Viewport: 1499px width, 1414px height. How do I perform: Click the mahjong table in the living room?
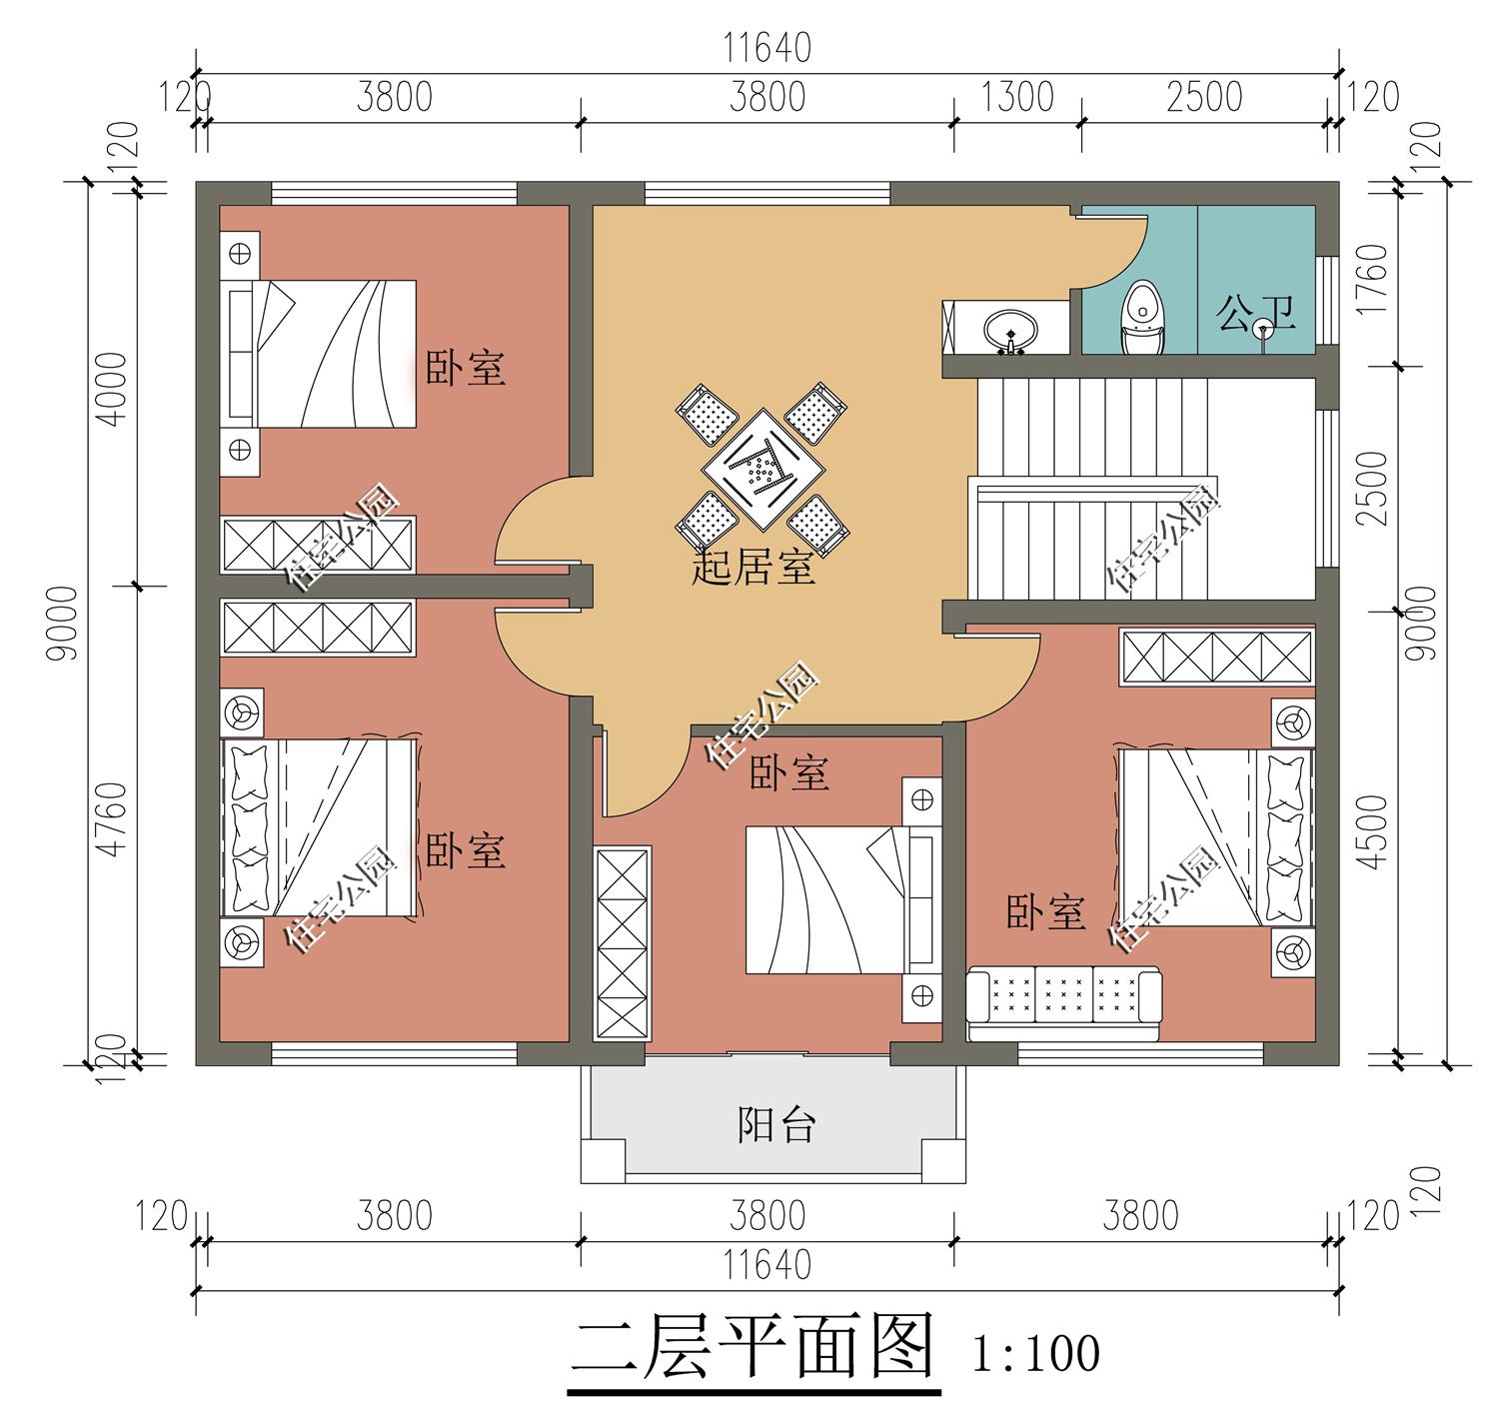[761, 467]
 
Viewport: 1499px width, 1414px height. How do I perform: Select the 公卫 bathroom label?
[1255, 313]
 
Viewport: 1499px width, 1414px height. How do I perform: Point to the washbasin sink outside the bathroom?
[1010, 328]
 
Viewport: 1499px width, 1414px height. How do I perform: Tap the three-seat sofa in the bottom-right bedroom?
[1064, 994]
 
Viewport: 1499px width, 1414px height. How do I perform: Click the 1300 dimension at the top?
[1016, 97]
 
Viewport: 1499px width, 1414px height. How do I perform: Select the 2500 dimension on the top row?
[1203, 97]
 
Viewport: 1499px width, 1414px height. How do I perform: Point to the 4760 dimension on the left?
[116, 819]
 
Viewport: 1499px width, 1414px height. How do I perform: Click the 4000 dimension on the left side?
[116, 389]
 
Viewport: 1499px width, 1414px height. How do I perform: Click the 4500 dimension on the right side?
[1376, 831]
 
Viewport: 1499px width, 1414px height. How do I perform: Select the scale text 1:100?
[1035, 1353]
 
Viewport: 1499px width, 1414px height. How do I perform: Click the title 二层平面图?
[753, 1349]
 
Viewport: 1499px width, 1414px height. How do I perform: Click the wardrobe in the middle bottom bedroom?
[623, 943]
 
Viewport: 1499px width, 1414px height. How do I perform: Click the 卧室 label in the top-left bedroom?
[465, 368]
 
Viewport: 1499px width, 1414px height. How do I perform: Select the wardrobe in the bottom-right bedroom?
[1215, 657]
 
